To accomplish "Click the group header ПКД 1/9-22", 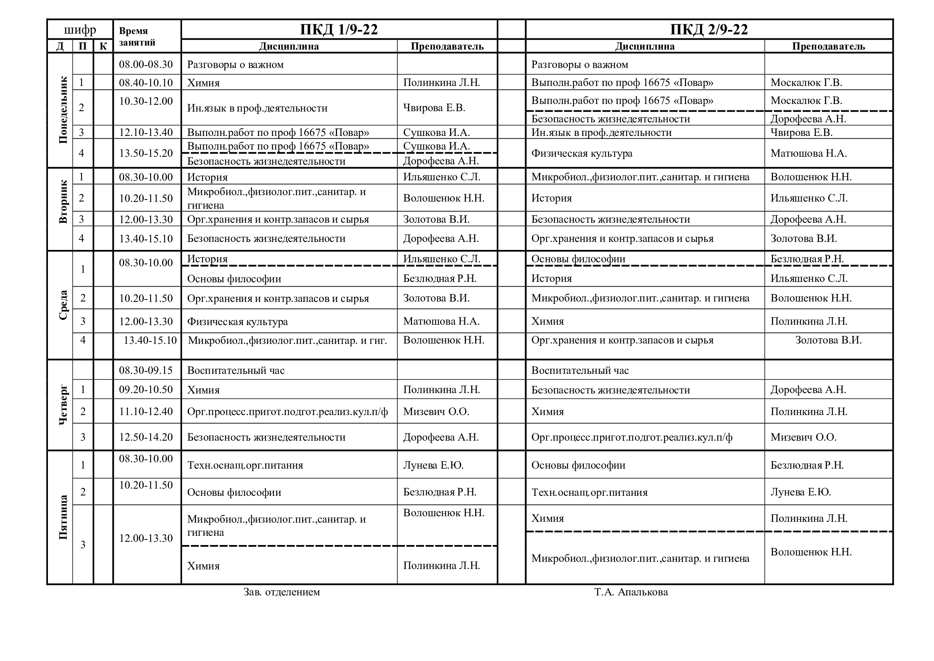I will coord(339,30).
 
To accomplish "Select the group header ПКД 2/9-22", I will coord(709,30).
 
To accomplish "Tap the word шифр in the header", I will coord(80,30).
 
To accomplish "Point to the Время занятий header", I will coord(137,37).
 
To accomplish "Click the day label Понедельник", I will coord(63,110).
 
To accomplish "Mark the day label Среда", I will coord(63,305).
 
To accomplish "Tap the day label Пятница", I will coord(63,517).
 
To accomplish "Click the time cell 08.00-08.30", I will coord(146,64).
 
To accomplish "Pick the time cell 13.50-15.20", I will coord(146,153).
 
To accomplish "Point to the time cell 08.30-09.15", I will coord(146,370).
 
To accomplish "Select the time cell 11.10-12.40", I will coord(146,411).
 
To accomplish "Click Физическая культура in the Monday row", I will coord(582,154).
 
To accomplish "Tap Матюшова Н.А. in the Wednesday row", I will coord(441,322).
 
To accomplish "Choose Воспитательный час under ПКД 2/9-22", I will coord(580,370).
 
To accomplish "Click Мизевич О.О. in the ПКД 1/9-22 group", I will coord(436,411).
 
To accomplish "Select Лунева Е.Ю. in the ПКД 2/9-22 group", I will coord(800,492).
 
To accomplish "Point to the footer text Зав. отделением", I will coord(282,592).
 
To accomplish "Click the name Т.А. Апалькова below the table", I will coord(631,592).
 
